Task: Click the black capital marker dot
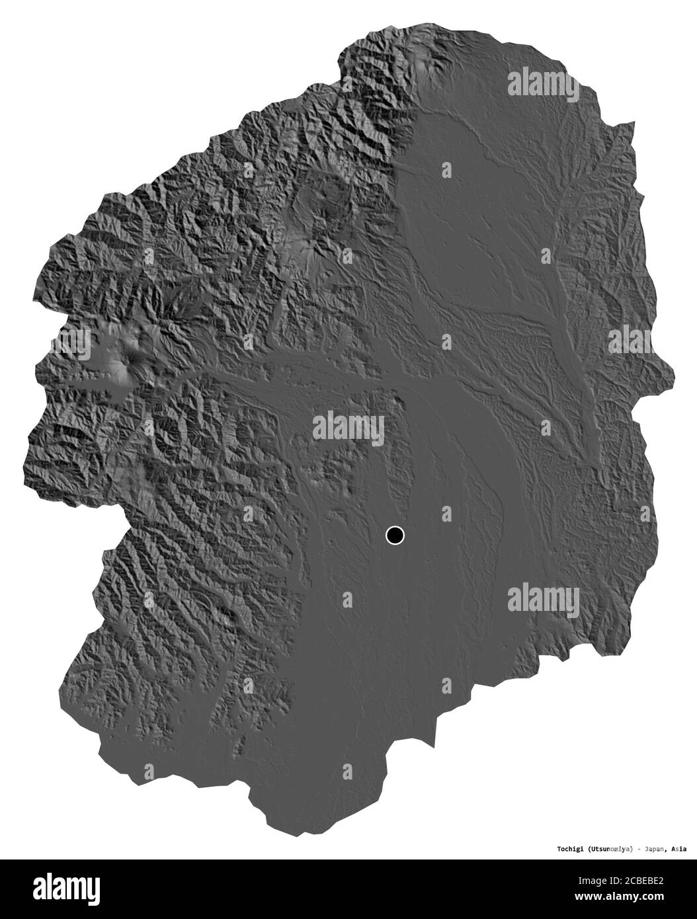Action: click(x=395, y=535)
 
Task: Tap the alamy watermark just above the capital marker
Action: click(x=348, y=428)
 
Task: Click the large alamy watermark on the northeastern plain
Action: click(x=544, y=83)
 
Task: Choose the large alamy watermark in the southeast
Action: click(x=544, y=600)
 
